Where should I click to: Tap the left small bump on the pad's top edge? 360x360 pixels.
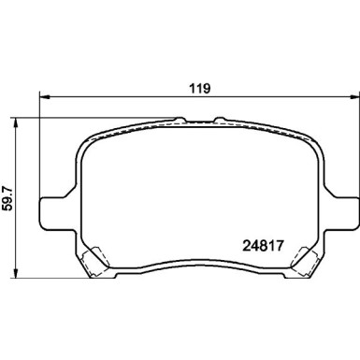click(180, 119)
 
